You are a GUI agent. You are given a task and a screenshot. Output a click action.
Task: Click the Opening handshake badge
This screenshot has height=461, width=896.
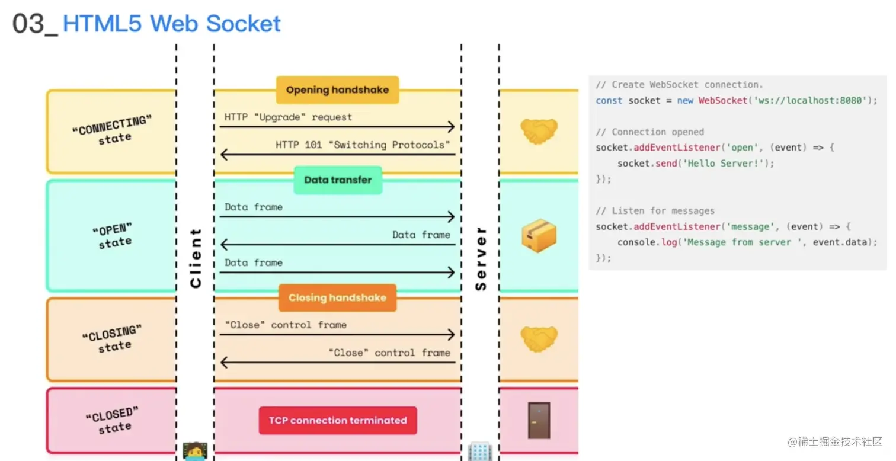click(x=337, y=90)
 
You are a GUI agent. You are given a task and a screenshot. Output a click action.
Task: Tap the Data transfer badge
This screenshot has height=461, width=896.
click(x=338, y=180)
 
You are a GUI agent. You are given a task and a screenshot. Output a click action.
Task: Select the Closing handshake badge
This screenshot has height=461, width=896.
click(x=337, y=298)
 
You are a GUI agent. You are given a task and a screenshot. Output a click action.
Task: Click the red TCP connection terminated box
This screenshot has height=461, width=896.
click(x=338, y=421)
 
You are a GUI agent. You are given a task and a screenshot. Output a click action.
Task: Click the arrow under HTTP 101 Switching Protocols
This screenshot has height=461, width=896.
click(x=338, y=155)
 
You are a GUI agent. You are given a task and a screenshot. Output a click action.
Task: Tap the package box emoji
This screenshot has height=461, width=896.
click(x=539, y=235)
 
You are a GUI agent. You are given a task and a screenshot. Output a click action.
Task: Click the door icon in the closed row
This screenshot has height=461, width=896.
click(x=539, y=421)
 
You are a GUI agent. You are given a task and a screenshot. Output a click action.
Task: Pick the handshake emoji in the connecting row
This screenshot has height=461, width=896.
click(x=539, y=132)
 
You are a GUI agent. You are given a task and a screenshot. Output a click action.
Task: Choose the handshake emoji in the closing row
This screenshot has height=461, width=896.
click(x=539, y=339)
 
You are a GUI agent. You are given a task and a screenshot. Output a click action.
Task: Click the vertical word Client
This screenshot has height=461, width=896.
click(x=196, y=258)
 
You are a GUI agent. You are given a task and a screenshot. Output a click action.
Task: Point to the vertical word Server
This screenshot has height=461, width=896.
click(x=481, y=258)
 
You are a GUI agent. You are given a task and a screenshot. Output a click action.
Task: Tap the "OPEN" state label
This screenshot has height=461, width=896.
click(x=113, y=236)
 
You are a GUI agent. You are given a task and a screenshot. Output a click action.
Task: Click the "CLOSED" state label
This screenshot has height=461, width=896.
click(x=112, y=420)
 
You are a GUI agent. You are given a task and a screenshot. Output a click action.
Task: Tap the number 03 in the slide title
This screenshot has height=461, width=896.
click(x=29, y=24)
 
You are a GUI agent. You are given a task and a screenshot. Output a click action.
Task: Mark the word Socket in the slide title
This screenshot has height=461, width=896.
click(x=244, y=24)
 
